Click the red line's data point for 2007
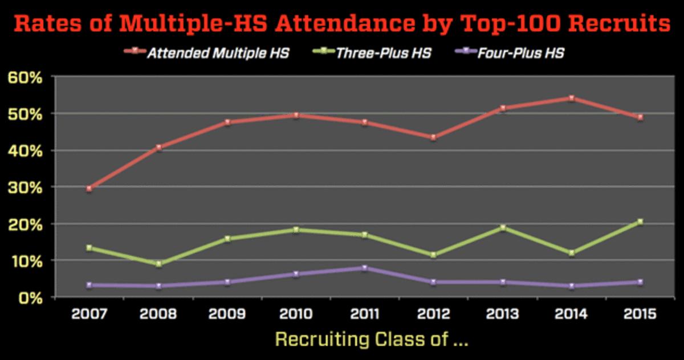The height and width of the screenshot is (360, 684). [x=89, y=189]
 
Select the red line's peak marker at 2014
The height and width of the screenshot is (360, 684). [x=571, y=98]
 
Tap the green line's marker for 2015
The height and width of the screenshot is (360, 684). [x=640, y=222]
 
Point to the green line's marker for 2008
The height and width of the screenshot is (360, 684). [x=158, y=264]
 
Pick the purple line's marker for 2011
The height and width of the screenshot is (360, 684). [x=364, y=268]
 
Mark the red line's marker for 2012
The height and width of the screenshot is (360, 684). [x=433, y=137]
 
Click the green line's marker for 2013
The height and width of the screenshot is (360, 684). [x=502, y=227]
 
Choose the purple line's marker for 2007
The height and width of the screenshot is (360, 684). [x=89, y=285]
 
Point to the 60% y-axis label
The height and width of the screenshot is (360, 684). [x=25, y=77]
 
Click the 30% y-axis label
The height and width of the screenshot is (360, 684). [x=25, y=187]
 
